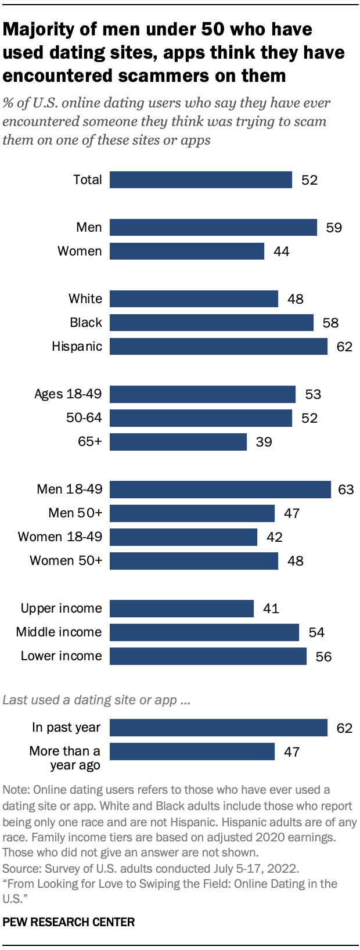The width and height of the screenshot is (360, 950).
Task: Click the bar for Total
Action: [200, 180]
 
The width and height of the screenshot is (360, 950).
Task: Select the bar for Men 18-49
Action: [220, 490]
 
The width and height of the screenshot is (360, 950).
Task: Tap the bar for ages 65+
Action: [178, 442]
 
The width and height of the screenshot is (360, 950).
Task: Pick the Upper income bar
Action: [181, 609]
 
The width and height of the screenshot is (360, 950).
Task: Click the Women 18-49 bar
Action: [183, 537]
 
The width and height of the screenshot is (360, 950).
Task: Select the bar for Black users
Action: [211, 323]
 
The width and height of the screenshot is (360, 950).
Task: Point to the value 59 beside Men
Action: [334, 228]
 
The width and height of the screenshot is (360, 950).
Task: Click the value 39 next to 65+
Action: [264, 442]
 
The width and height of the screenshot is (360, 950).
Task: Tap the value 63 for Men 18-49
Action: [345, 490]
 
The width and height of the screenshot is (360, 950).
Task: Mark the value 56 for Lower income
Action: [323, 657]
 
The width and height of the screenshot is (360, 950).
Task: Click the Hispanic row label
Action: [77, 347]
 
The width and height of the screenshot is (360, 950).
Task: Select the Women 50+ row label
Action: [66, 561]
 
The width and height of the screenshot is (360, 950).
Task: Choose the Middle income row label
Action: [59, 632]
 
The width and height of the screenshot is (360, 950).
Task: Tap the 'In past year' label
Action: [66, 728]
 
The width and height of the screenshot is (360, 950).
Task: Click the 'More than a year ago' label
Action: [65, 758]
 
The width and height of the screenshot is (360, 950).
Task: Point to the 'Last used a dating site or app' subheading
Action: [96, 700]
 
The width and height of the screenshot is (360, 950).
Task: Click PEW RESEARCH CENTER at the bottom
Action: [69, 922]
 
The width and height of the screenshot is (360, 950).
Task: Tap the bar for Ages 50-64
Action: [200, 418]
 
